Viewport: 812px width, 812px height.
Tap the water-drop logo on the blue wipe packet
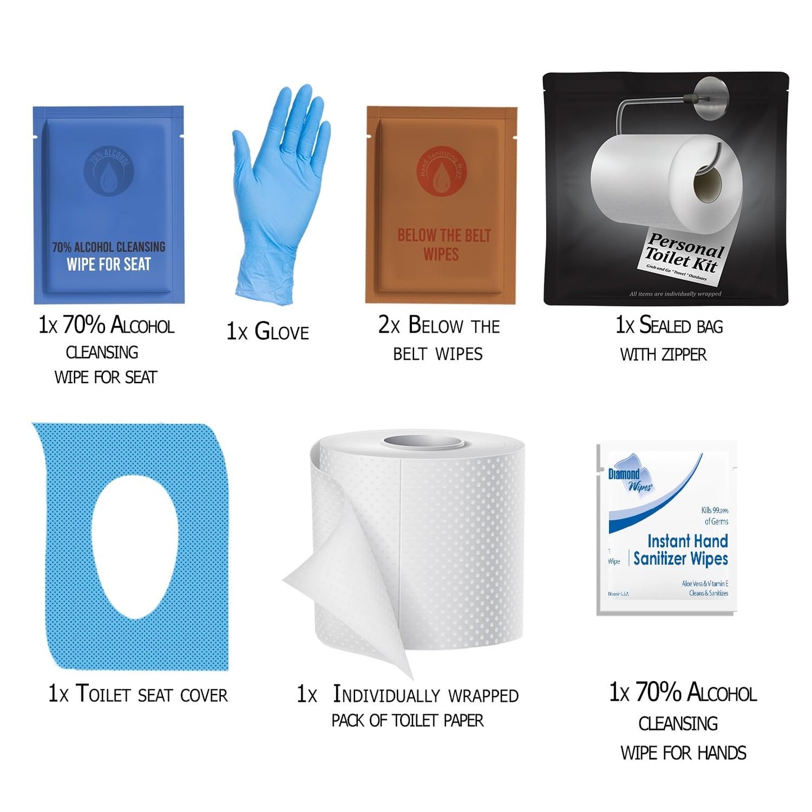(x=108, y=171)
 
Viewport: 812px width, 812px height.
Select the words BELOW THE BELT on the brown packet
(x=444, y=235)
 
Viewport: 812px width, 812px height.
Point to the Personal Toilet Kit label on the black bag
(x=682, y=255)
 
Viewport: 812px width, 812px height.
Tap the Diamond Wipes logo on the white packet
(x=629, y=479)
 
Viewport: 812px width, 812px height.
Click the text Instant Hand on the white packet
(x=687, y=541)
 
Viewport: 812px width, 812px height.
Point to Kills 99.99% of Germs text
(x=715, y=516)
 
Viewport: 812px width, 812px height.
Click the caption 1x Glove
(x=267, y=332)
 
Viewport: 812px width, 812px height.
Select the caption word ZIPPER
(x=684, y=355)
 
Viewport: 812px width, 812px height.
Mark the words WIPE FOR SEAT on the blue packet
(x=108, y=264)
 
